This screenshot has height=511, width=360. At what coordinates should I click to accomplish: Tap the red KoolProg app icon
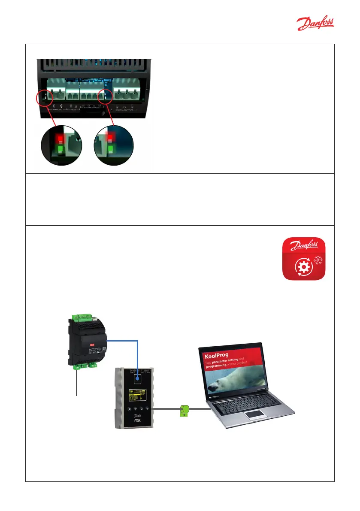(304, 260)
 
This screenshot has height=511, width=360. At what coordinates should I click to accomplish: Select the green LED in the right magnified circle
(112, 149)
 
